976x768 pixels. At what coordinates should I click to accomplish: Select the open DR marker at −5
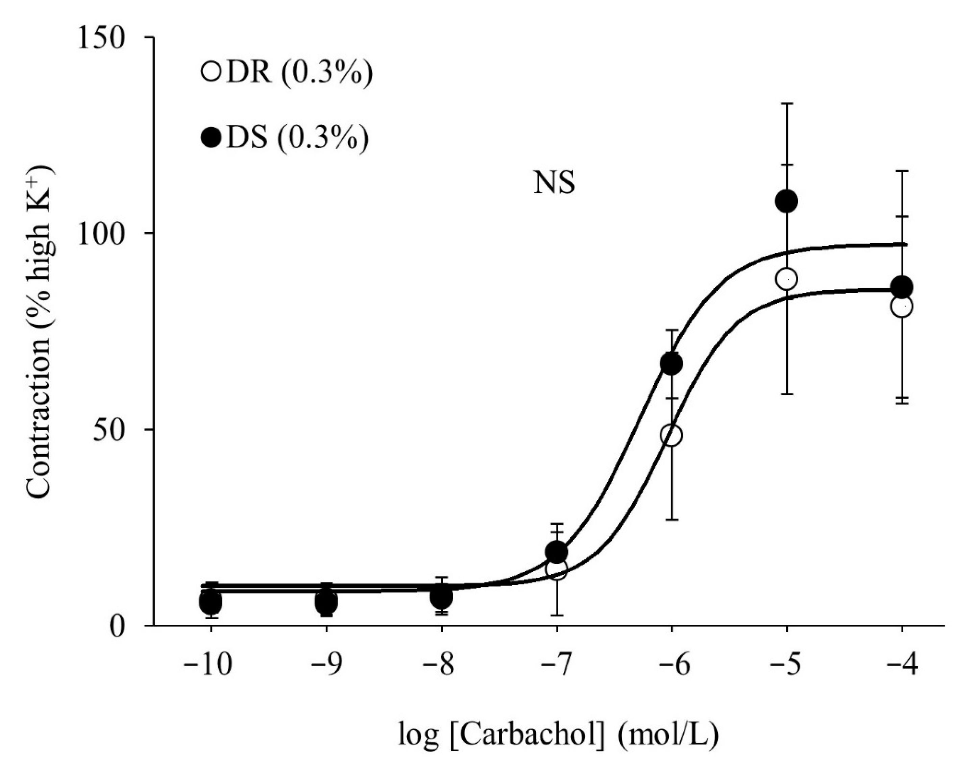786,279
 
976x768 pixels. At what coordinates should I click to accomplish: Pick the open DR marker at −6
671,435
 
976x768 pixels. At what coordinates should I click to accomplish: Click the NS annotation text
554,184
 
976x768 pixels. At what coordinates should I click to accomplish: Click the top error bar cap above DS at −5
786,103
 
